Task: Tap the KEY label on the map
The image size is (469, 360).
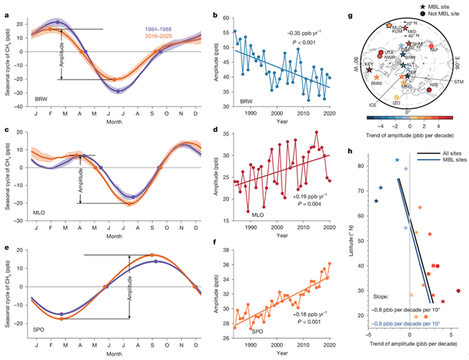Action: click(368, 64)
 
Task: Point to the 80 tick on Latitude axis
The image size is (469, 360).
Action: click(362, 165)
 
